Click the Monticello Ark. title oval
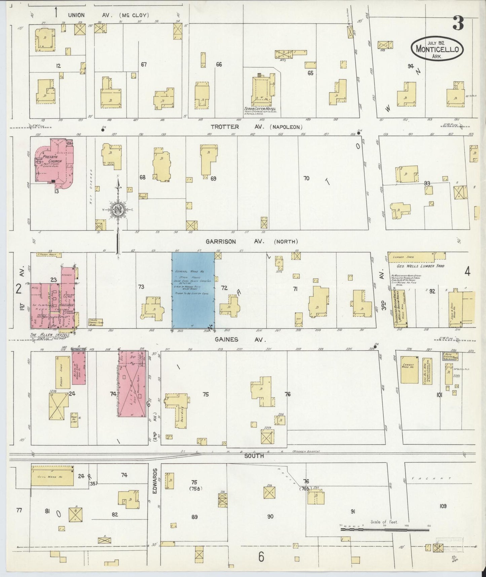437,49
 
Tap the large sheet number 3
458,23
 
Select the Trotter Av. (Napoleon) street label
257,127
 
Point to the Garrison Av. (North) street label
252,241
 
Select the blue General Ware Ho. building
193,290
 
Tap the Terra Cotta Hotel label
260,109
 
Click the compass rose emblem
118,210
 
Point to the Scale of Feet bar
385,530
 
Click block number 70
306,178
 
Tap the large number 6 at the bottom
261,557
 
